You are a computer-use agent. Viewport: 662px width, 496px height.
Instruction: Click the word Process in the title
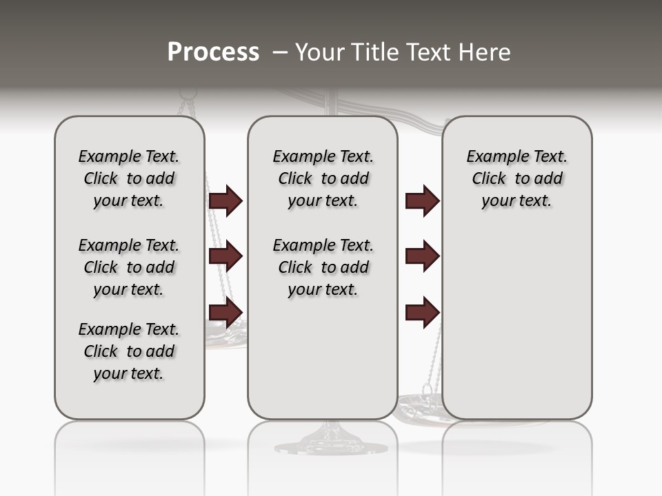click(213, 52)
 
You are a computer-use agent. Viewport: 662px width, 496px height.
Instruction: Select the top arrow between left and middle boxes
click(225, 201)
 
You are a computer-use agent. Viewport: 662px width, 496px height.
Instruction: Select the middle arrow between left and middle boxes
click(225, 256)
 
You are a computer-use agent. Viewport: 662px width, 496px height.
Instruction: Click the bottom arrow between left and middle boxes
click(225, 311)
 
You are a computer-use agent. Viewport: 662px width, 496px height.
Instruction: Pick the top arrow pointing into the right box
click(422, 201)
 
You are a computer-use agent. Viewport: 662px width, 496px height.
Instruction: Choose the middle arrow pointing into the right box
click(422, 256)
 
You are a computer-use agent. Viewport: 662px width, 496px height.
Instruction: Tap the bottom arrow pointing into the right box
click(422, 311)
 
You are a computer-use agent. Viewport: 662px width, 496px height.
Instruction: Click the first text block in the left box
click(129, 178)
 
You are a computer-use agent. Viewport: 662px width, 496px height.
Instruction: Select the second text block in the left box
click(129, 267)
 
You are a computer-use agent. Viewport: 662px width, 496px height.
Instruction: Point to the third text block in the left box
click(129, 351)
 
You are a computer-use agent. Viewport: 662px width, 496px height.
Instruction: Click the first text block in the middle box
click(323, 178)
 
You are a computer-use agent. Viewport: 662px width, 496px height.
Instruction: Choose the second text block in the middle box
click(323, 267)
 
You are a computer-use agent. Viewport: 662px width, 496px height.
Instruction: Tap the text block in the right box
click(516, 178)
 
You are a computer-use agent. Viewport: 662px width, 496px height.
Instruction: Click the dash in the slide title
click(280, 52)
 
